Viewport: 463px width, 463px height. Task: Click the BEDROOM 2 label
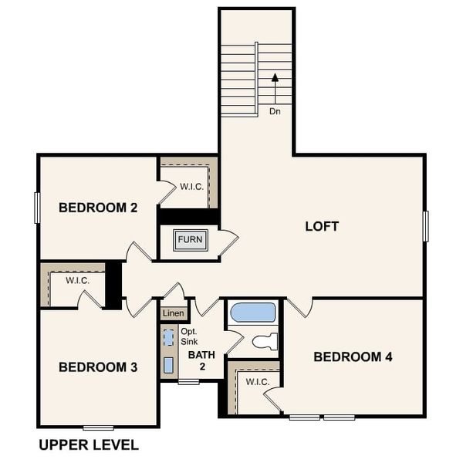[97, 207]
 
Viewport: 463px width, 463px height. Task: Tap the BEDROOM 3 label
[98, 367]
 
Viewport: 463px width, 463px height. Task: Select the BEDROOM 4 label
[353, 357]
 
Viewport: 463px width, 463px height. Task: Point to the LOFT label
[322, 227]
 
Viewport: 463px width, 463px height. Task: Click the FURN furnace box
[190, 239]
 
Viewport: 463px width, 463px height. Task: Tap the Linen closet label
[174, 313]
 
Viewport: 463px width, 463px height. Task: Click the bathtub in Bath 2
[252, 313]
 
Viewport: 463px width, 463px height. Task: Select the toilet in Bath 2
[265, 341]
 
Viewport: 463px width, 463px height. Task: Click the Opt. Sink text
[189, 336]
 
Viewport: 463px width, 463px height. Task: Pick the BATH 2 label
[201, 360]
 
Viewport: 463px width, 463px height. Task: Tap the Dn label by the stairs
[275, 111]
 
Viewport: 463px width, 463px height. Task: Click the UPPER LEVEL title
[89, 445]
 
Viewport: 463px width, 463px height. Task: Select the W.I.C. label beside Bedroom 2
[191, 187]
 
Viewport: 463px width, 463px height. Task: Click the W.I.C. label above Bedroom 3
[77, 280]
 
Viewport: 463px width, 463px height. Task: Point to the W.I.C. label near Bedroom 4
[257, 382]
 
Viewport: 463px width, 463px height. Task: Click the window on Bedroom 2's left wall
[37, 208]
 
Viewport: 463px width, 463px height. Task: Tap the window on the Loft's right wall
[425, 225]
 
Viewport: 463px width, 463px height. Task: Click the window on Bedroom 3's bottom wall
[98, 427]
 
